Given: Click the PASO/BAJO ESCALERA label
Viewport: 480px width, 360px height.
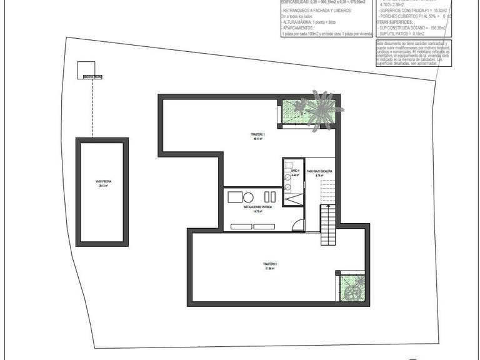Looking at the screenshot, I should (x=323, y=172).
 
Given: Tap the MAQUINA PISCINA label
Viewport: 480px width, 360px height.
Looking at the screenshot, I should (x=92, y=77).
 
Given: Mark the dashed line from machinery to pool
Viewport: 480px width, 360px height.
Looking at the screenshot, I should (x=92, y=106).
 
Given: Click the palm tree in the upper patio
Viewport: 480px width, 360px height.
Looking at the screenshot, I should (x=322, y=109).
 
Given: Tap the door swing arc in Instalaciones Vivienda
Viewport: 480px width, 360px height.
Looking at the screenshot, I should (x=298, y=225).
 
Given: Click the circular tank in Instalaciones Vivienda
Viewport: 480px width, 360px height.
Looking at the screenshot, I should (x=249, y=196).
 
